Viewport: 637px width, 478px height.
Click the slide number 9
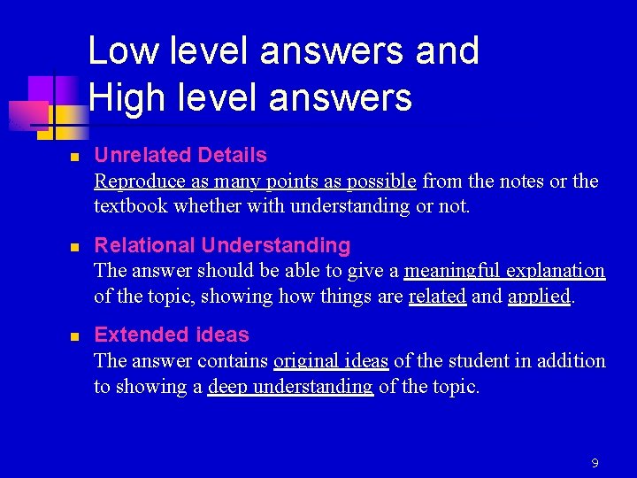tap(595, 463)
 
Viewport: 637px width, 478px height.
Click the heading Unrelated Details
tap(180, 156)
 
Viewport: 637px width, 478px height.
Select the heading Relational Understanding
tap(222, 245)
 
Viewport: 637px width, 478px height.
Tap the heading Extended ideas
tap(172, 335)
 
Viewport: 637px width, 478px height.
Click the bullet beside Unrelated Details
tap(76, 157)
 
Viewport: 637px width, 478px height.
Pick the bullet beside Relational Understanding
tap(76, 246)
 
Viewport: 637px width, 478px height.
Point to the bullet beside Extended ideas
tap(76, 336)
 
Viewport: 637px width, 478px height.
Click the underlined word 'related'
tap(437, 297)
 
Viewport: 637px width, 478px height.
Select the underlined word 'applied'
tap(539, 297)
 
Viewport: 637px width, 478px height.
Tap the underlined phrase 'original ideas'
tap(331, 361)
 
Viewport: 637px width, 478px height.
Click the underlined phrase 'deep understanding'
tap(290, 387)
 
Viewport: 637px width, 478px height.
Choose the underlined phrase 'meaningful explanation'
tap(504, 271)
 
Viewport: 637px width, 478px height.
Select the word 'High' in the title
tap(124, 97)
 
